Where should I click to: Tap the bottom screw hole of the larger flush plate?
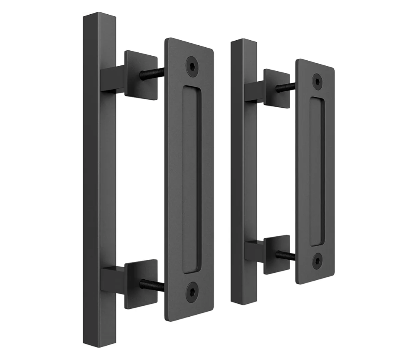[192, 289]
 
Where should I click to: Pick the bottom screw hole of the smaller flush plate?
[317, 258]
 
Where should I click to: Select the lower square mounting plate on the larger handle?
[141, 283]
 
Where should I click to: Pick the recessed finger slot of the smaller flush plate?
[317, 170]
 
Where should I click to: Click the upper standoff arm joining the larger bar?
[112, 80]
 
